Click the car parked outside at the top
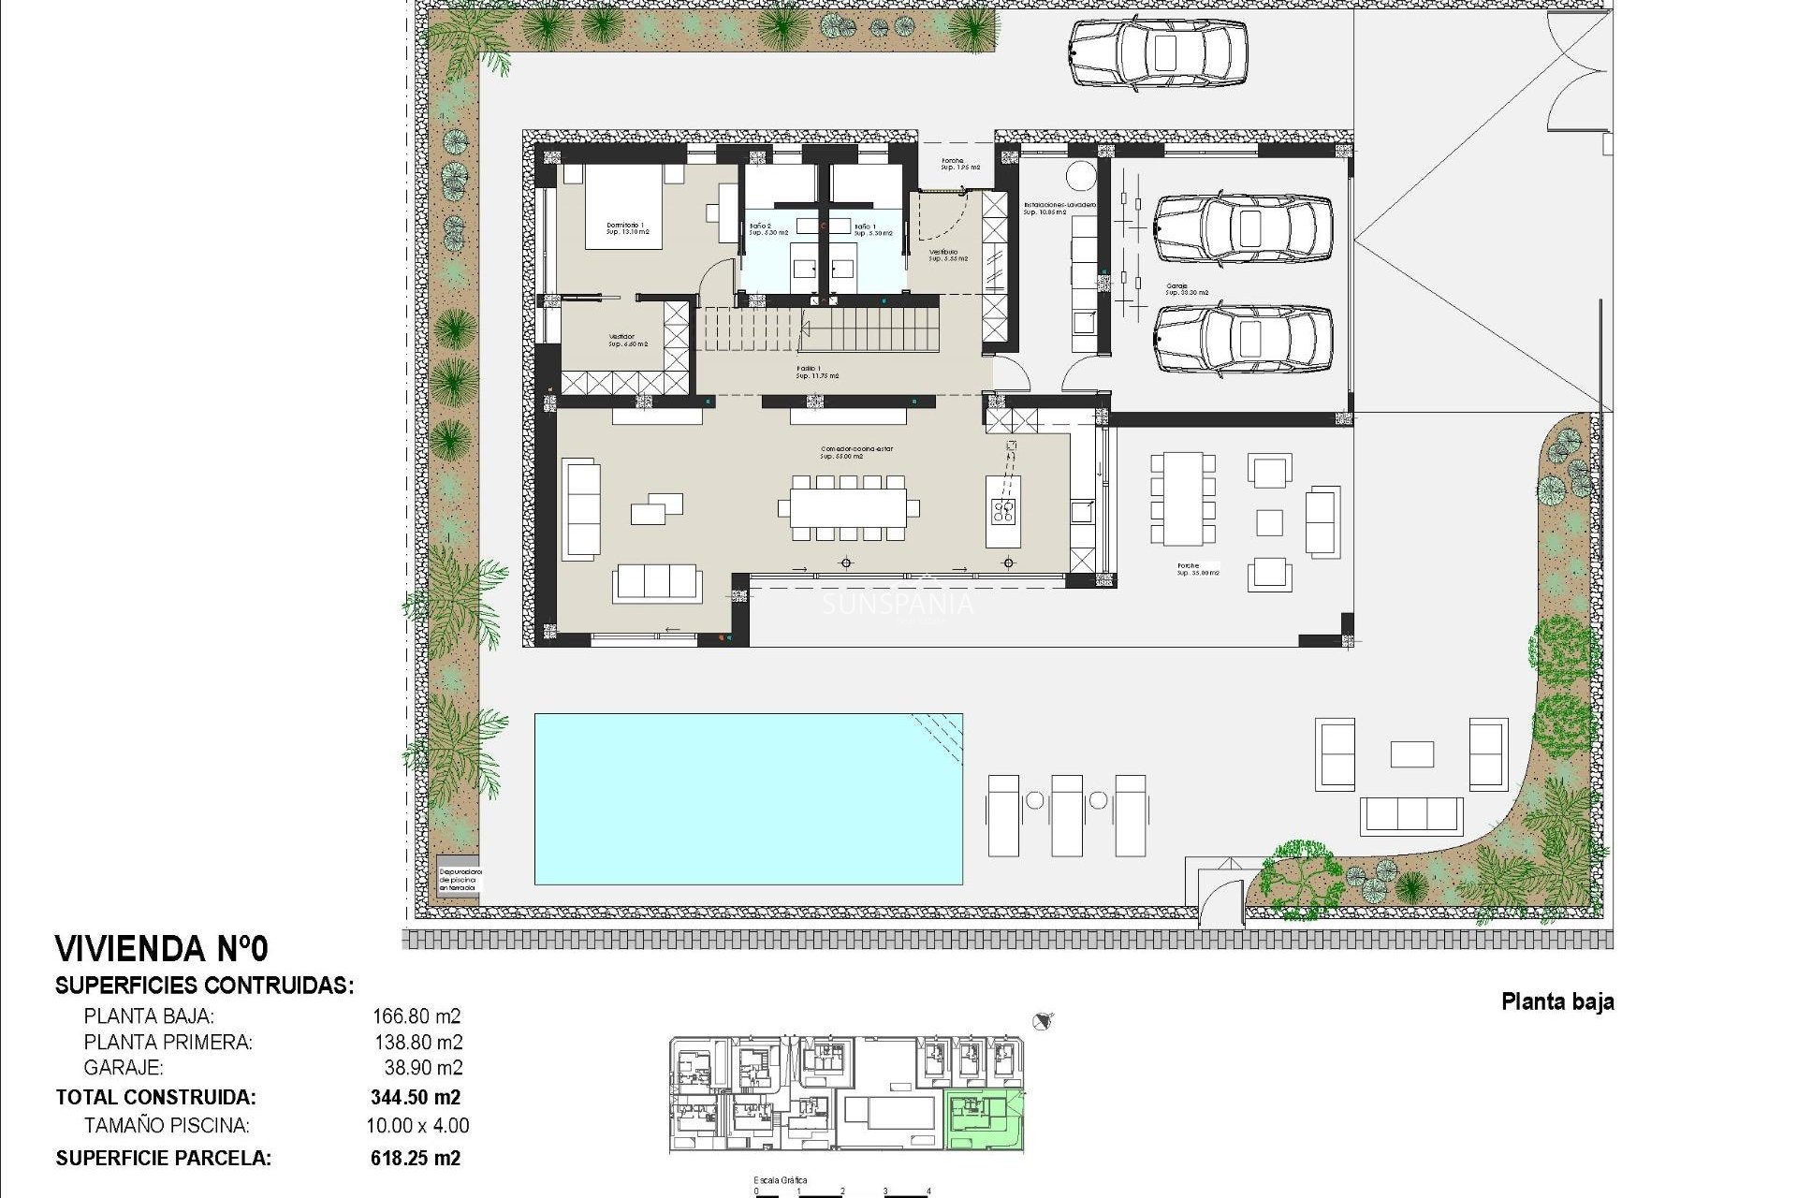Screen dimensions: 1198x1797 pos(1158,53)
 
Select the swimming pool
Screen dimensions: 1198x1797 pos(748,798)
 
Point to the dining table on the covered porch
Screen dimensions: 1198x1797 pos(1182,499)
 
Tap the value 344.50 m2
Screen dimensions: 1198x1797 pos(416,1097)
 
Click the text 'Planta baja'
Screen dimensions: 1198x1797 pos(1557,1001)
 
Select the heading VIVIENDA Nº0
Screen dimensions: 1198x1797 pos(162,949)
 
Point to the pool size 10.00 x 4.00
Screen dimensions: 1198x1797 pos(417,1126)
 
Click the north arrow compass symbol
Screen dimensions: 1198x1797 pos(1044,1020)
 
